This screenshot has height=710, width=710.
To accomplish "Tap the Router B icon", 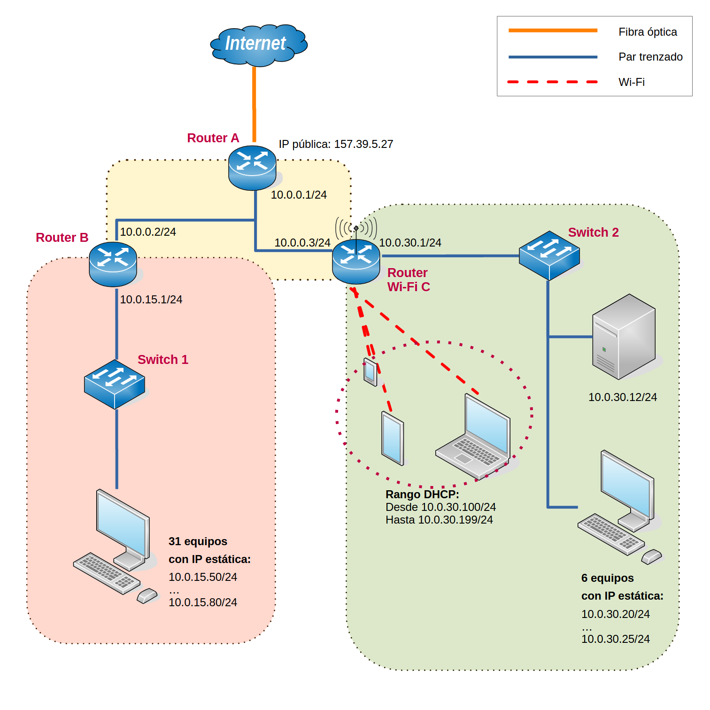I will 113,264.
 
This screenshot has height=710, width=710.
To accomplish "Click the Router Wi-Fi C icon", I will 356,262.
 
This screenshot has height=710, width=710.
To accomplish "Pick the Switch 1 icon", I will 114,384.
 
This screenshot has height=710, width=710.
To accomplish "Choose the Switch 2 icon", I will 549,255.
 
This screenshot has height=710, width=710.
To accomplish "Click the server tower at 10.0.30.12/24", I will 624,337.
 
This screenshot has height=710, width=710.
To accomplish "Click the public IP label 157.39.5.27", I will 336,144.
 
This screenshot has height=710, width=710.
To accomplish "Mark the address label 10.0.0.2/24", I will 148,232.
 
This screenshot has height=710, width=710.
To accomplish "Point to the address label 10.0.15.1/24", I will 151,300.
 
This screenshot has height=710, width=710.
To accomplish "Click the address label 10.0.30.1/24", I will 410,243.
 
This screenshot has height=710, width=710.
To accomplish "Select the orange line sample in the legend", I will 553,31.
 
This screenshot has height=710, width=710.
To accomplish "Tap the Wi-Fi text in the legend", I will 632,82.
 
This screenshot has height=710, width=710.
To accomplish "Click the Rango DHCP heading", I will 422,494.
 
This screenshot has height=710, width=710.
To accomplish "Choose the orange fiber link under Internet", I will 254,103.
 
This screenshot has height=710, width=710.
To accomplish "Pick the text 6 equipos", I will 607,578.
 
